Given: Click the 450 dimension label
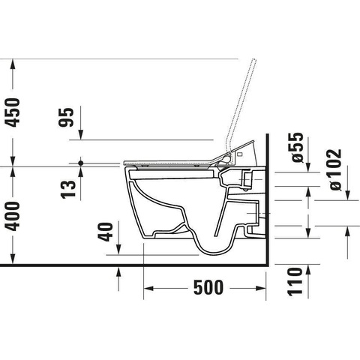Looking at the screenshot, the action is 13,112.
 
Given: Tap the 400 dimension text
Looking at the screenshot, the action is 13,217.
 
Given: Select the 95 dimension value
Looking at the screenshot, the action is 66,117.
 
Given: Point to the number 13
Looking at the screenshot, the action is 68,190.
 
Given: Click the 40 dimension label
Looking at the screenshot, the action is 105,232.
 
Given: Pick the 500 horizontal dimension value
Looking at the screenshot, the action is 208,287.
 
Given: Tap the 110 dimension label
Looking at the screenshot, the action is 295,282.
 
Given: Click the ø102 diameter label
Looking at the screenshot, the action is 334,169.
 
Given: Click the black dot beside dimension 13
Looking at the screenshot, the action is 80,163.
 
